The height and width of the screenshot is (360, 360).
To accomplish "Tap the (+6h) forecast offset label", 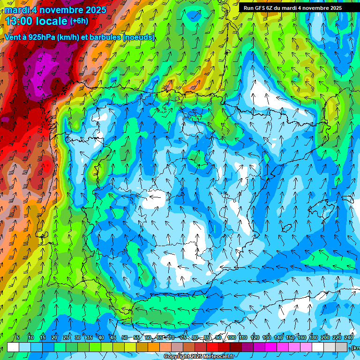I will tap(79, 21).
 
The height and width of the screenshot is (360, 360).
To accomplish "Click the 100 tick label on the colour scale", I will tap(232, 337).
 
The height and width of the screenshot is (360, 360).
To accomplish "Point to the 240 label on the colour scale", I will tap(349, 337).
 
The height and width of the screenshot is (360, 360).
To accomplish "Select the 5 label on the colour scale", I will tap(18, 337).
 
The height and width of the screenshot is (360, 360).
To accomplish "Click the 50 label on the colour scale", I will tap(125, 337).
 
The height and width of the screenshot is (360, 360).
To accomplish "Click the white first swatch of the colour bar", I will tap(13, 347).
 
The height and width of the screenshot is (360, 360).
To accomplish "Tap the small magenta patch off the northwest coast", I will tap(6, 120).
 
